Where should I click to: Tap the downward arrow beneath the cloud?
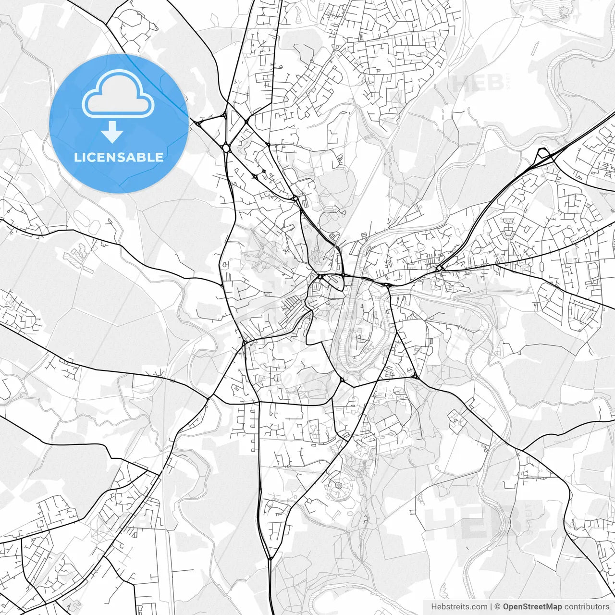112,132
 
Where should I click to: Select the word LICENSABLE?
118,157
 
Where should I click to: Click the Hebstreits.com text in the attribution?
459,607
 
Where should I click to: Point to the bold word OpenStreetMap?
532,607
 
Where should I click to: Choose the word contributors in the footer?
587,607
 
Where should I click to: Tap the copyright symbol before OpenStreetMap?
498,607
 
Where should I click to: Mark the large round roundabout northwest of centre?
225,148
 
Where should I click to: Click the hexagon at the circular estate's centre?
339,486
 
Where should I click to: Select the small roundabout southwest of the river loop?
342,380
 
